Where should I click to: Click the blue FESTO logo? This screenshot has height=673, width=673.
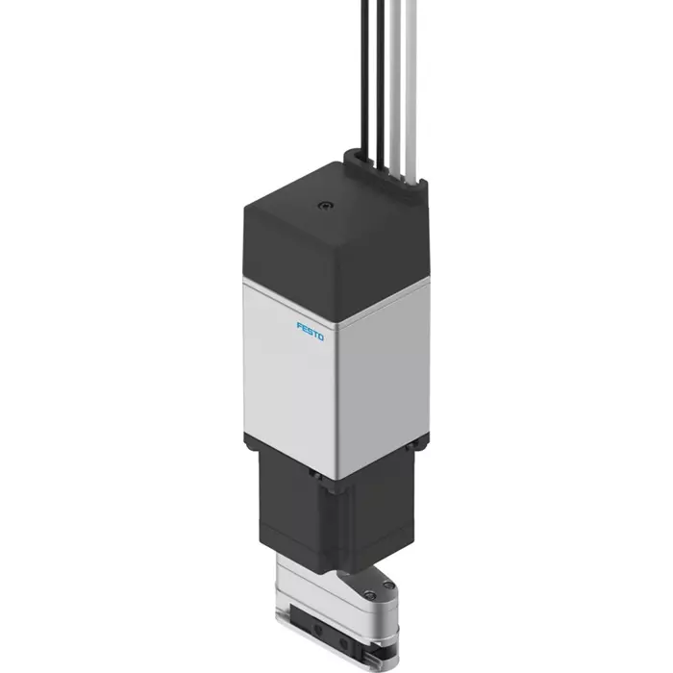tap(311, 331)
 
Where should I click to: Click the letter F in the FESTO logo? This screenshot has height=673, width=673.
tap(299, 326)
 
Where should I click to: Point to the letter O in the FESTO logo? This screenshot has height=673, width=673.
tap(321, 336)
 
